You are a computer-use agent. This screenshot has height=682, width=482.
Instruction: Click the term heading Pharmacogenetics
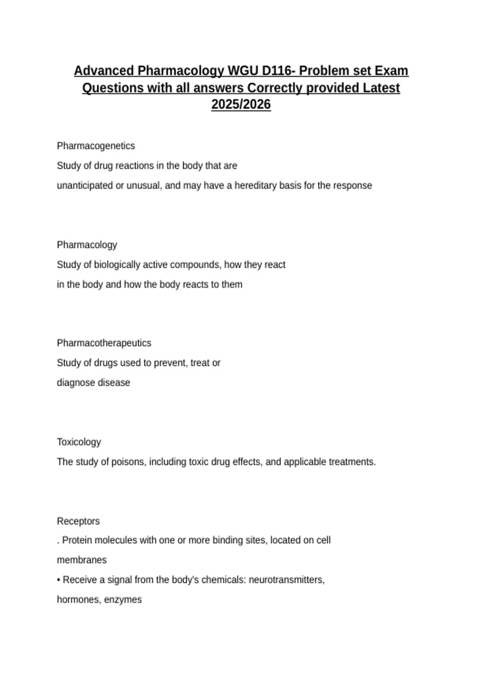click(x=96, y=146)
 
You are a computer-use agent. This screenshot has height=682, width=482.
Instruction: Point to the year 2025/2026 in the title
click(x=241, y=105)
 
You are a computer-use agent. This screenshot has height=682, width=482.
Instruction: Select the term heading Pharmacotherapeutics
click(x=104, y=343)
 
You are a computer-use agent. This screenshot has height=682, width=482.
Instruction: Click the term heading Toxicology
click(x=79, y=442)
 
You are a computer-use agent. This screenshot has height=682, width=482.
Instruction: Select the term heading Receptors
click(x=78, y=521)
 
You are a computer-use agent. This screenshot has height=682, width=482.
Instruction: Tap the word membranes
click(x=82, y=560)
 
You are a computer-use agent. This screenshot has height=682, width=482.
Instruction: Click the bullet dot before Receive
click(x=59, y=580)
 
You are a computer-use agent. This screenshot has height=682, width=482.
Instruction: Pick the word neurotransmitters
click(x=286, y=580)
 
